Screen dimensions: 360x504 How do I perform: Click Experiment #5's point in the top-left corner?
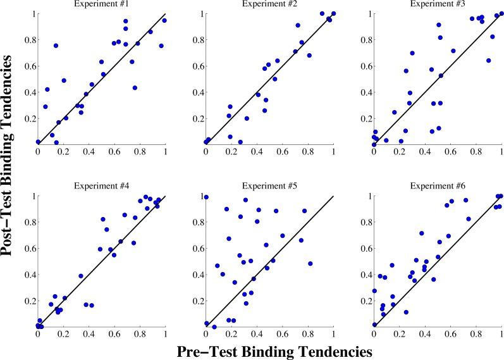point(206,197)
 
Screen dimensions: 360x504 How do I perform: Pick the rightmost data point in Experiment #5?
point(310,263)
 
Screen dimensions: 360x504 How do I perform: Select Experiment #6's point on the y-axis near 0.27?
point(374,291)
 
